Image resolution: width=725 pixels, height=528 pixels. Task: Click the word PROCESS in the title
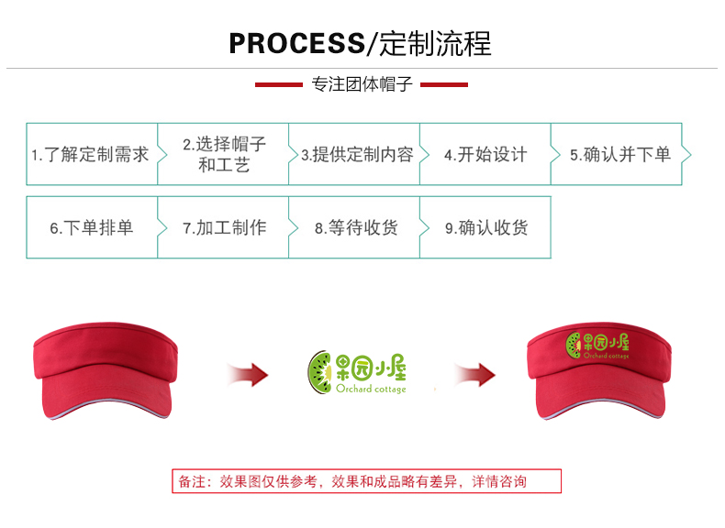pyautogui.click(x=296, y=43)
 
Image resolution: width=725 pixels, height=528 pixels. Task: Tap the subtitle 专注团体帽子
pyautogui.click(x=362, y=84)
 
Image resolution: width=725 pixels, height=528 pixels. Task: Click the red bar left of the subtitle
pyautogui.click(x=279, y=84)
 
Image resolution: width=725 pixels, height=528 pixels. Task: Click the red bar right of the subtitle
pyautogui.click(x=444, y=84)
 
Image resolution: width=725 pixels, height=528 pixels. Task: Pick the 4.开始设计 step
pyautogui.click(x=485, y=154)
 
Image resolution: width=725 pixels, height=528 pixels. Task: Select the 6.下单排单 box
pyautogui.click(x=92, y=227)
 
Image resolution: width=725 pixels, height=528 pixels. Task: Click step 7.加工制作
pyautogui.click(x=223, y=227)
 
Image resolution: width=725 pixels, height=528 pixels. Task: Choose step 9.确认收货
pyautogui.click(x=485, y=227)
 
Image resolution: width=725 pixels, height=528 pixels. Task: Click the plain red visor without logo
pyautogui.click(x=106, y=369)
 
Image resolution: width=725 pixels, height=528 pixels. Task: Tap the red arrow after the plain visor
pyautogui.click(x=249, y=374)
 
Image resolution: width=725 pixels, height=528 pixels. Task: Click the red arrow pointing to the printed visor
pyautogui.click(x=475, y=374)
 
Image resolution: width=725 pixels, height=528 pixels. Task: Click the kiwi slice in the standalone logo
pyautogui.click(x=320, y=372)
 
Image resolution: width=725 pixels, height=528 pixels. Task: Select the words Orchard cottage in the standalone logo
pyautogui.click(x=371, y=389)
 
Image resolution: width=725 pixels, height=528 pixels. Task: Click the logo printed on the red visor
pyautogui.click(x=597, y=346)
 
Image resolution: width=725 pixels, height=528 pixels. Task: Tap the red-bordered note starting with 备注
pyautogui.click(x=367, y=481)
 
